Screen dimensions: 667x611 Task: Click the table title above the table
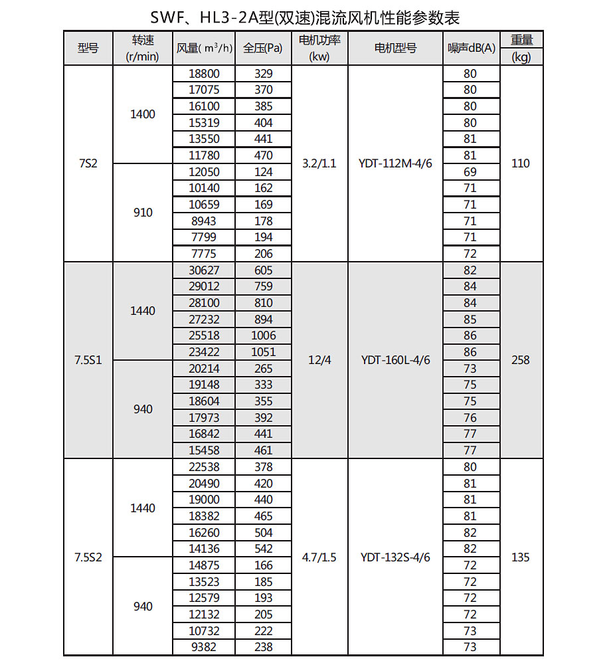[305, 16]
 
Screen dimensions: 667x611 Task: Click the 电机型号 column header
[395, 48]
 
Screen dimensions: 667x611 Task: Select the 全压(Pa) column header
[263, 48]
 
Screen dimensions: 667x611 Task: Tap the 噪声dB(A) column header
[471, 48]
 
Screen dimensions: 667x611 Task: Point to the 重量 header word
[521, 40]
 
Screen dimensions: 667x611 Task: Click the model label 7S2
[88, 163]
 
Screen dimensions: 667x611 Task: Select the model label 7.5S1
[88, 360]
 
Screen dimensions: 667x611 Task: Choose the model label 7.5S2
[88, 557]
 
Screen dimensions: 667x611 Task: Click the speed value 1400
[143, 114]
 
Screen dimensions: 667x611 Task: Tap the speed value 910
[143, 213]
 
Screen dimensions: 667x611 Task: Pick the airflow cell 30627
[204, 270]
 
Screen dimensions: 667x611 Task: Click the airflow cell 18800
[204, 74]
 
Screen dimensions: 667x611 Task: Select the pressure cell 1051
[263, 352]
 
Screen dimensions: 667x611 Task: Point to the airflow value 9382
[204, 647]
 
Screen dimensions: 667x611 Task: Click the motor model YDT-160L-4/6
[395, 360]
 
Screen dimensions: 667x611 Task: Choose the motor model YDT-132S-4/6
[395, 557]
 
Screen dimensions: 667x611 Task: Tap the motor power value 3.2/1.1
[319, 163]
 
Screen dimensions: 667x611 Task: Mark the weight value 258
[521, 360]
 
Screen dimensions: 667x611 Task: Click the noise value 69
[470, 172]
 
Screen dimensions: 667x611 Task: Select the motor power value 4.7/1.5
[319, 557]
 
